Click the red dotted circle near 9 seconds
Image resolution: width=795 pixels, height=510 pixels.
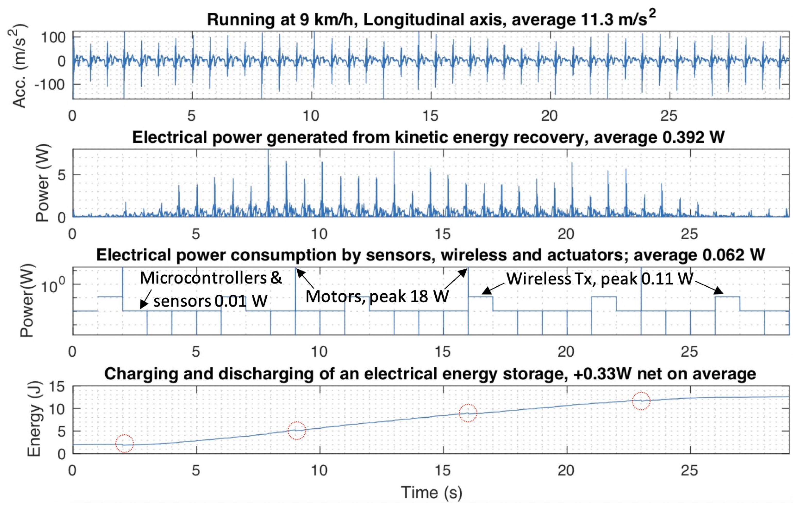297,430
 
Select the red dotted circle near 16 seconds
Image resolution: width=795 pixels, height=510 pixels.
468,413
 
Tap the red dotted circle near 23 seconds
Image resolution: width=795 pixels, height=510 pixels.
641,401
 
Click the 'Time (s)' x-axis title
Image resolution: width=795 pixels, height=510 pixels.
431,493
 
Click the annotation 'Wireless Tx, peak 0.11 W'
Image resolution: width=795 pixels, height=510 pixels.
600,279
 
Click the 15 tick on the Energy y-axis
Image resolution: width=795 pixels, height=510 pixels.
57,386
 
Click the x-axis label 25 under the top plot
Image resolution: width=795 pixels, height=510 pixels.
669,116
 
